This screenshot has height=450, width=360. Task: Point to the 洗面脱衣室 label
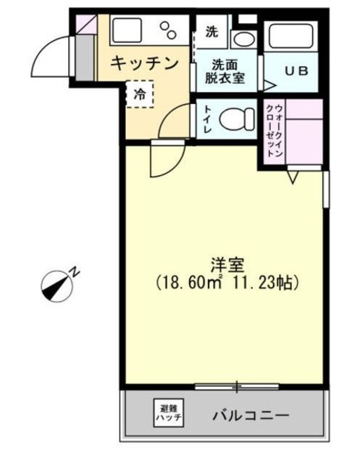click(x=225, y=71)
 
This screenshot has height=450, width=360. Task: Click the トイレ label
click(x=208, y=120)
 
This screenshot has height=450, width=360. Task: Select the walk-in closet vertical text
click(x=275, y=132)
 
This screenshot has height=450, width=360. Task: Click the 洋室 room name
click(x=226, y=266)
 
